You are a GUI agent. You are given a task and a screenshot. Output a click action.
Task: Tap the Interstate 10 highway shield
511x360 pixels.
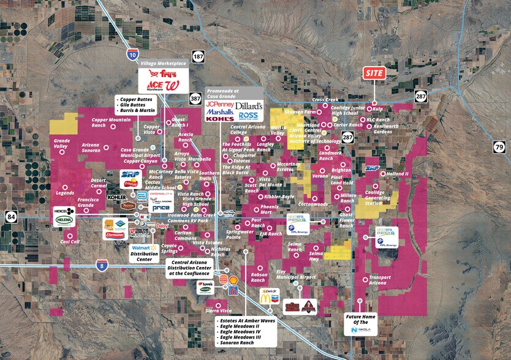(133, 54)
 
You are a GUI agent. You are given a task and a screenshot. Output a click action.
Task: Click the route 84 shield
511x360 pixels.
(11, 216)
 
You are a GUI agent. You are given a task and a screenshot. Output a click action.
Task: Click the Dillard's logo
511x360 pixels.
(249, 106)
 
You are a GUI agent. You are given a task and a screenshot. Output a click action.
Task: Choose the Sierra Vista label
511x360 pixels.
(219, 311)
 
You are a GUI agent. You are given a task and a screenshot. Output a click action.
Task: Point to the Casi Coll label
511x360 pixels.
(70, 241)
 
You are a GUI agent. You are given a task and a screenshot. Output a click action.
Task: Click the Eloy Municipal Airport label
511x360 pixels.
(297, 274)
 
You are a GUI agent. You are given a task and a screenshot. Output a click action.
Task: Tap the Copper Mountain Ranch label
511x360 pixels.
(111, 122)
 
